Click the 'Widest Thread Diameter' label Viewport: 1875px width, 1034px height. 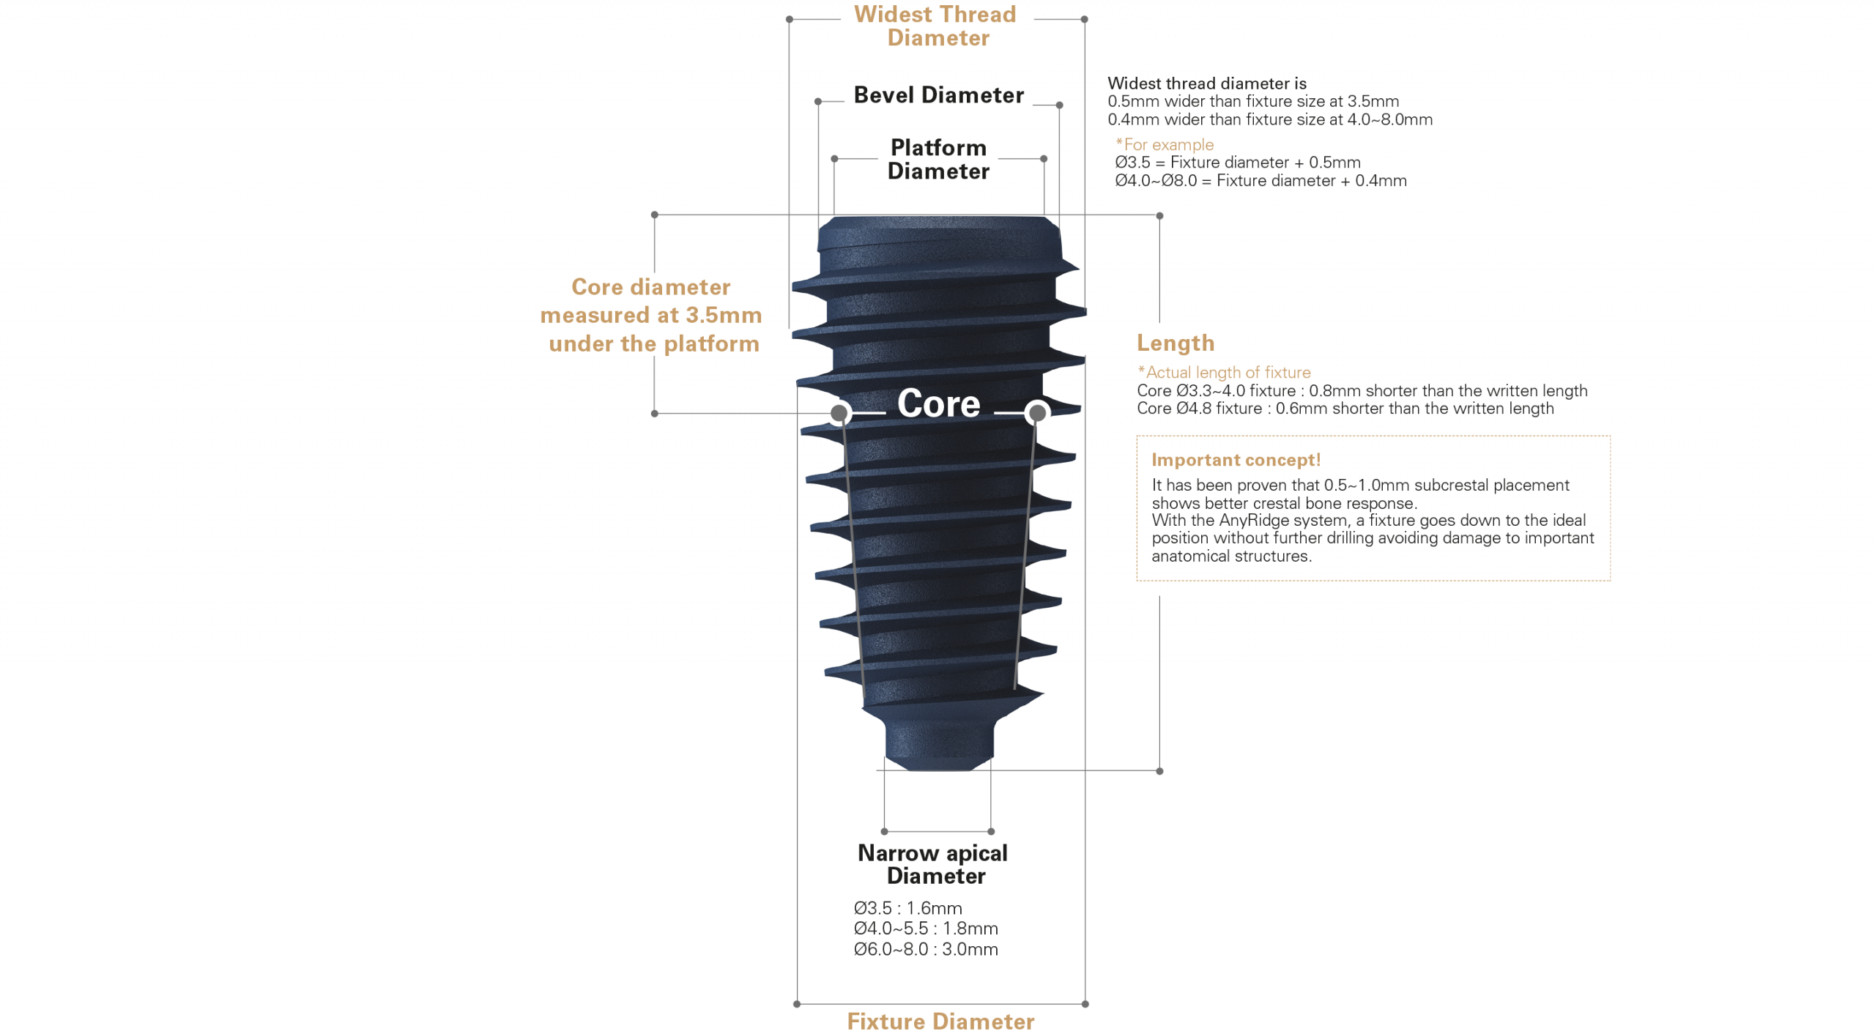[936, 26]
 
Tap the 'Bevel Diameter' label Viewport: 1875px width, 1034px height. [938, 95]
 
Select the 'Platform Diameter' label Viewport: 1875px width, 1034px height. [938, 159]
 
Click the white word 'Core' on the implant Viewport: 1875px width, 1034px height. [938, 403]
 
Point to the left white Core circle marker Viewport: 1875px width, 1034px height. [839, 413]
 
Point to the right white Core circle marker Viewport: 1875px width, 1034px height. [1037, 413]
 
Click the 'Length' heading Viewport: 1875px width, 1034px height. [1175, 343]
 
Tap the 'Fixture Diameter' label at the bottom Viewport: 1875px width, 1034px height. [940, 1021]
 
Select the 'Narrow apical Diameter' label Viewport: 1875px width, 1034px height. [934, 864]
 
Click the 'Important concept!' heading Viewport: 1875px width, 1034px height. [1236, 460]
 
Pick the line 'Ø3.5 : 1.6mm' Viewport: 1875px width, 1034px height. [908, 908]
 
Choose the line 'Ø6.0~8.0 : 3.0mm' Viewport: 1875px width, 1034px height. [926, 949]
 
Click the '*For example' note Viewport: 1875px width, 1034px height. [1164, 144]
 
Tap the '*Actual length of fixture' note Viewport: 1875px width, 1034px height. [1224, 372]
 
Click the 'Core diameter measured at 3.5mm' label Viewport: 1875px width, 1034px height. [651, 315]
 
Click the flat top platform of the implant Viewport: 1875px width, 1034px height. [938, 219]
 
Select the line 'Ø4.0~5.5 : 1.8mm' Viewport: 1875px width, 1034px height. [926, 929]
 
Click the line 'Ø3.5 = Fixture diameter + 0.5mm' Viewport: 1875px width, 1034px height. [1238, 163]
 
